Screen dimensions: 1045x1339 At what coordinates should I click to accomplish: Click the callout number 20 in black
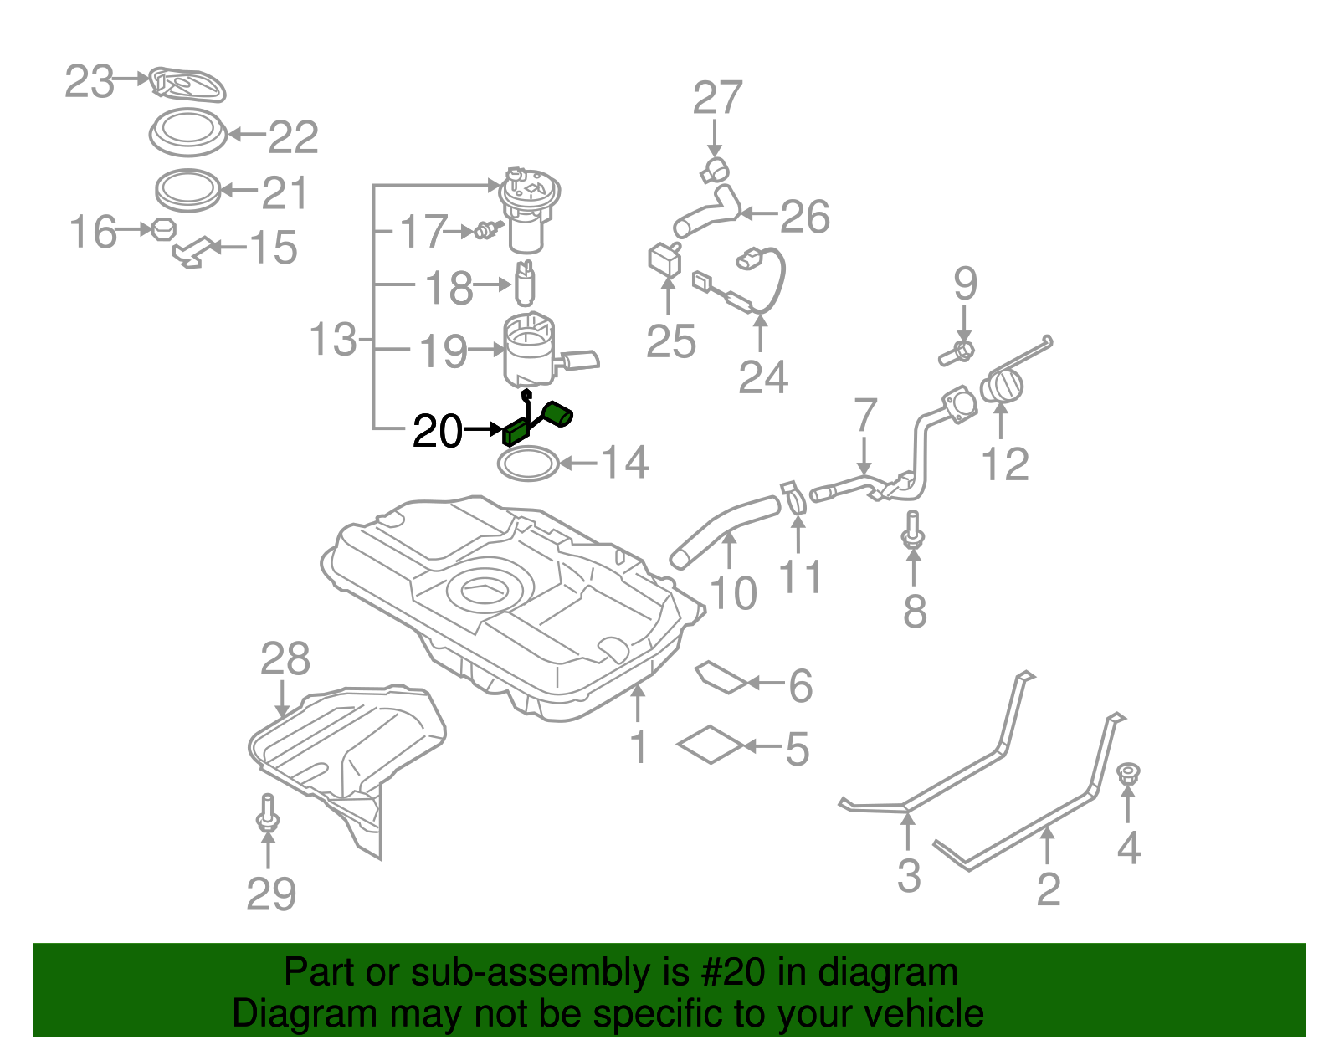(x=438, y=432)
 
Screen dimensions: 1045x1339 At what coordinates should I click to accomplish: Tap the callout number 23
(x=89, y=82)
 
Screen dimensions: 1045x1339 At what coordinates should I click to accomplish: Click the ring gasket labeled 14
(x=528, y=464)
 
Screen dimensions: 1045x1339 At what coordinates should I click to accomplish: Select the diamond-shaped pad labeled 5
(x=710, y=745)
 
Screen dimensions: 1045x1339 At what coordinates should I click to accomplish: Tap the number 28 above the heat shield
(x=285, y=659)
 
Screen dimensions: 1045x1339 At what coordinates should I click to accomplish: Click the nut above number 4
(x=1129, y=774)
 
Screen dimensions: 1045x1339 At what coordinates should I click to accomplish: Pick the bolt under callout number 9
(x=957, y=353)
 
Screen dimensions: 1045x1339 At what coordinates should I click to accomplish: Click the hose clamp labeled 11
(x=793, y=497)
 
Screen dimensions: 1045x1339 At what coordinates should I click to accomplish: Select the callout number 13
(x=332, y=340)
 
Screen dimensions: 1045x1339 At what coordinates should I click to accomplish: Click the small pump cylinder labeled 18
(x=526, y=285)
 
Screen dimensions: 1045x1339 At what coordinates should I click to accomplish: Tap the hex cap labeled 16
(x=163, y=228)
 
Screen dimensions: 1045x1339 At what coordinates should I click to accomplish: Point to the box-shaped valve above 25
(x=665, y=258)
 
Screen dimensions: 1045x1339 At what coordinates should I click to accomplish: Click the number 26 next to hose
(x=804, y=217)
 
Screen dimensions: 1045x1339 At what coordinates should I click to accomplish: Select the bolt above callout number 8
(x=913, y=529)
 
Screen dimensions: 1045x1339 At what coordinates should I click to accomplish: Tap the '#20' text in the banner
(x=728, y=972)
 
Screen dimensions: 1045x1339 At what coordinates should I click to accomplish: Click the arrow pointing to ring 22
(x=246, y=134)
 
